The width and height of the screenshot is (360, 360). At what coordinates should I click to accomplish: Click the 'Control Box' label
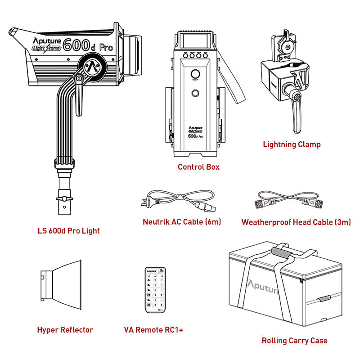198,167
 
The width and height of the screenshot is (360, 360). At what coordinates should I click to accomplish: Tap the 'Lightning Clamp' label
292,144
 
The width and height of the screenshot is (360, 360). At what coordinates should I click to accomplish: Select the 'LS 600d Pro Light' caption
68,231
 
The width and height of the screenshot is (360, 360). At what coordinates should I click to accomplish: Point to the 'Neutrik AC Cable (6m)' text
181,222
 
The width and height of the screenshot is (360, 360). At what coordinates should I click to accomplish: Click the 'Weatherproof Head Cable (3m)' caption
296,222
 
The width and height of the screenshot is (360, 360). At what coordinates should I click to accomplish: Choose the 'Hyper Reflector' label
65,330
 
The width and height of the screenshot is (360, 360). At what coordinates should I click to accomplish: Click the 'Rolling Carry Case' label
294,341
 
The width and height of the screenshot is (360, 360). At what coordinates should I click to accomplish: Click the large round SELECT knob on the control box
196,74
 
